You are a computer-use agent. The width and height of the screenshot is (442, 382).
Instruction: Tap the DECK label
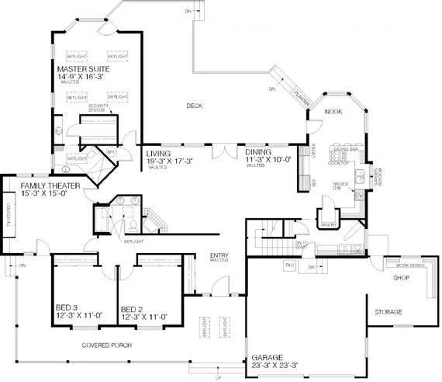point(194,105)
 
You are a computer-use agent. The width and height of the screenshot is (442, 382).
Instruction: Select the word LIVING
point(160,154)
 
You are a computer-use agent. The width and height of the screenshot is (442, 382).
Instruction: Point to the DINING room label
point(257,154)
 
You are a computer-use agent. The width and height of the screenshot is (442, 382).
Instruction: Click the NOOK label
point(333,111)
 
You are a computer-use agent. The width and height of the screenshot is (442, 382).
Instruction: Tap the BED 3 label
point(67,308)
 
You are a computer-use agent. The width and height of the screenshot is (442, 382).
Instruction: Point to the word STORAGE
point(388,311)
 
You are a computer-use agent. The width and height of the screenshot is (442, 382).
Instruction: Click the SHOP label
point(401,277)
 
